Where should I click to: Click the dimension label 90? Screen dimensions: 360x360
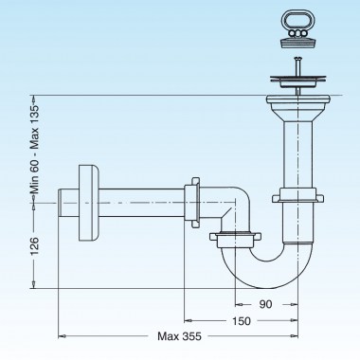tap(265, 304)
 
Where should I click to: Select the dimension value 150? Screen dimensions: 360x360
tap(242, 321)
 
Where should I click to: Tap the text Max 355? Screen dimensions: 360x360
tap(179, 336)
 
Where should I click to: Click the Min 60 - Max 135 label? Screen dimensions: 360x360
tap(34, 149)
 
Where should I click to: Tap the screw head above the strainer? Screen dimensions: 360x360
tap(297, 58)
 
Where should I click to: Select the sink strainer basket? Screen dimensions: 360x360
tap(297, 81)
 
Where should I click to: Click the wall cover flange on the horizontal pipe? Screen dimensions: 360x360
tap(88, 203)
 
